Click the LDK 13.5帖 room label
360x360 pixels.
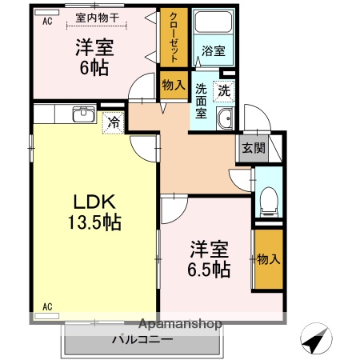pyautogui.click(x=94, y=210)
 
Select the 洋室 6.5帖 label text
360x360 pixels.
pyautogui.click(x=210, y=258)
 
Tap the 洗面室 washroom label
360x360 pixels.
pyautogui.click(x=202, y=102)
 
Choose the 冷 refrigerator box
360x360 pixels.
pyautogui.click(x=114, y=123)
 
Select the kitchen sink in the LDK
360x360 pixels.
pyautogui.click(x=82, y=115)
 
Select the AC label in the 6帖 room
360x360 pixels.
pyautogui.click(x=46, y=22)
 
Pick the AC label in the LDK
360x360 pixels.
pyautogui.click(x=46, y=306)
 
